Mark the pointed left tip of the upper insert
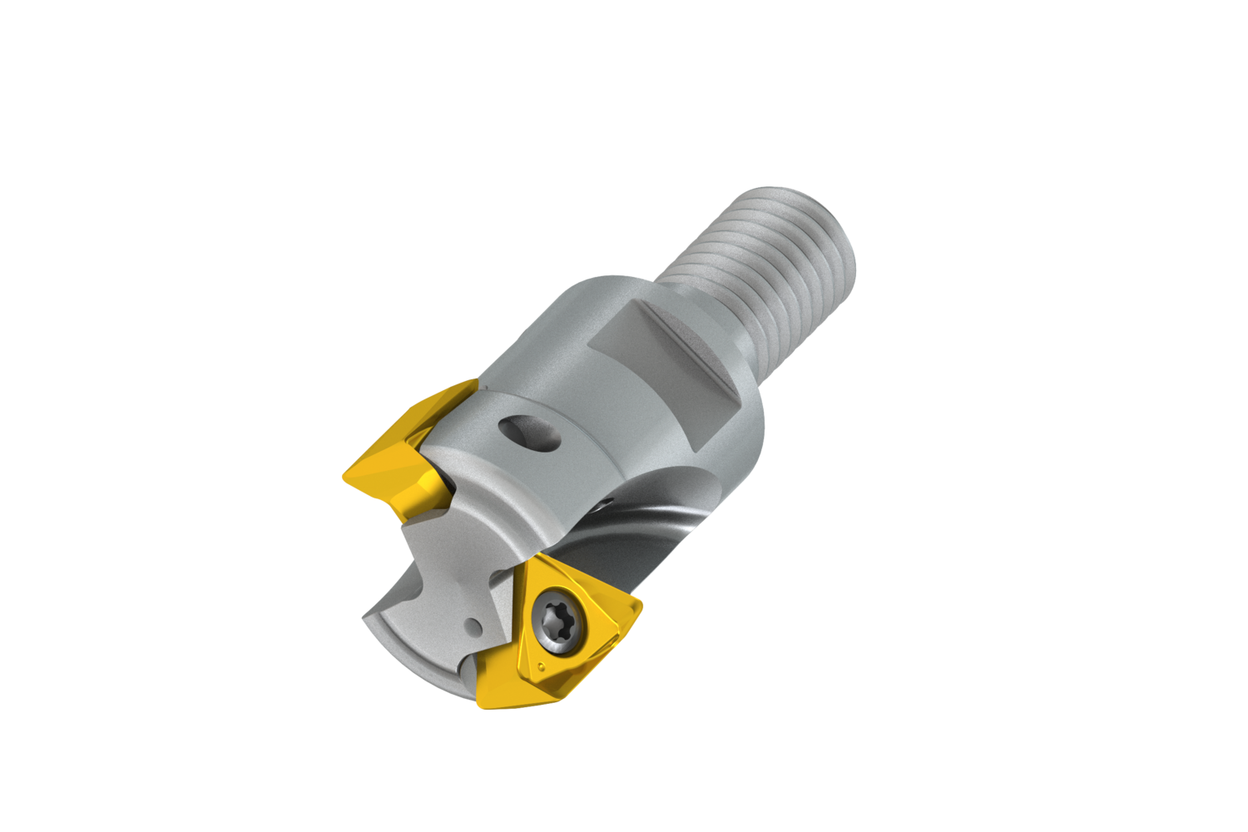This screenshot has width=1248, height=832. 344,476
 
